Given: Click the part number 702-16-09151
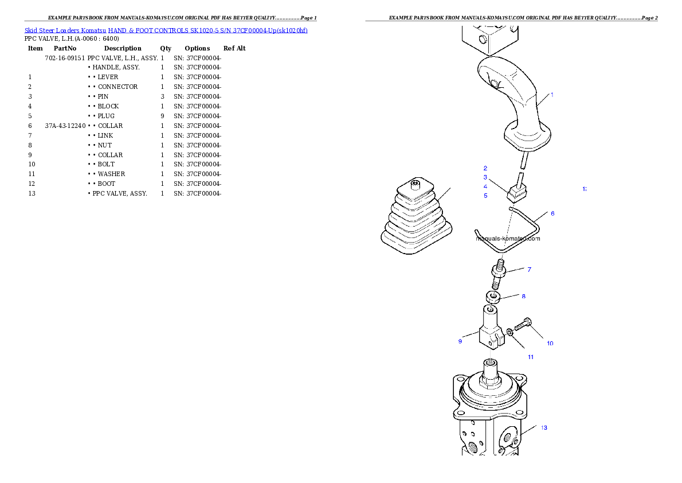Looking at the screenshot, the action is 65,58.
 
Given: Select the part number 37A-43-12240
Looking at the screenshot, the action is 65,126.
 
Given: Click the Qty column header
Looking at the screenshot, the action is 165,48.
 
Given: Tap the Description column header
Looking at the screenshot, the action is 123,48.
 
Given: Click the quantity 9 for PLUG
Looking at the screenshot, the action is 162,116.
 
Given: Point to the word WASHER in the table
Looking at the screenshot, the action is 111,174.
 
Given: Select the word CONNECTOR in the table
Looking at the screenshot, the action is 117,87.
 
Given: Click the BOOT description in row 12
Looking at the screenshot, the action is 106,184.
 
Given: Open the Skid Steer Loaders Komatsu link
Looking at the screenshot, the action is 65,30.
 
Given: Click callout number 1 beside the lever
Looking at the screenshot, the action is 552,95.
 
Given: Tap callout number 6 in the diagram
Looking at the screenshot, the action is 552,213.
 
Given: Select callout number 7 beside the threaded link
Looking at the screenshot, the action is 529,270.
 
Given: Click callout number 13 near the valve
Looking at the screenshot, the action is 544,428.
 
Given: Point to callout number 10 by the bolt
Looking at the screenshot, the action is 550,344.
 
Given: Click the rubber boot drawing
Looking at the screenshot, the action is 416,216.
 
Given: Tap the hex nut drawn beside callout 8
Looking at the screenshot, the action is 493,298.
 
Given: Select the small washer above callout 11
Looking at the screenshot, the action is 510,333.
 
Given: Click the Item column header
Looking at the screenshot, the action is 35,48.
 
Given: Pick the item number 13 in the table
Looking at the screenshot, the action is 32,194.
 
